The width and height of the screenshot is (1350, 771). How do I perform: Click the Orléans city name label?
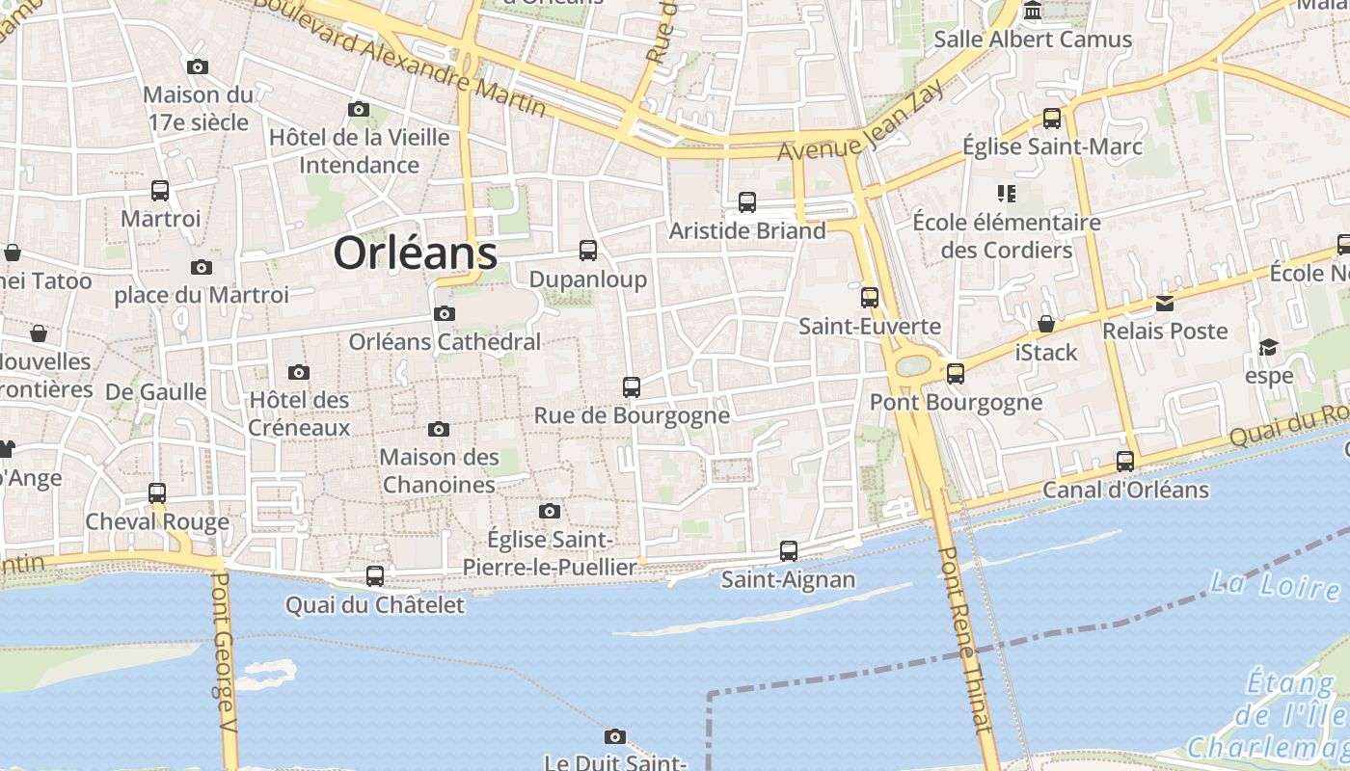click(x=416, y=253)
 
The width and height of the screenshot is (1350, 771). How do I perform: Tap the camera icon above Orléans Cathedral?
click(x=445, y=313)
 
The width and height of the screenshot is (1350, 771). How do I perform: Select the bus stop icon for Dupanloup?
click(x=588, y=251)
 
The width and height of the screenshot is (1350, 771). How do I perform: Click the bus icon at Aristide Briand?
click(x=747, y=202)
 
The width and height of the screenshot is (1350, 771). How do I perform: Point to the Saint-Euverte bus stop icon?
click(x=870, y=298)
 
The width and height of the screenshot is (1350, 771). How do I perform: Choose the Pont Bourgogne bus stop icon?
click(x=956, y=373)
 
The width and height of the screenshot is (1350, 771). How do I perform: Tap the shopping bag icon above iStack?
click(x=1046, y=324)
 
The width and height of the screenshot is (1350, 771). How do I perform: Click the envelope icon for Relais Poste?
click(x=1165, y=304)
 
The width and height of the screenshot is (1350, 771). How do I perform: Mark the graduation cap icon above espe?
click(x=1269, y=347)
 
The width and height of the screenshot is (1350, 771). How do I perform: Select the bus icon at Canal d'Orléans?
click(x=1125, y=462)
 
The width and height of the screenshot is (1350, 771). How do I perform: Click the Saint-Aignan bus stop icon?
click(x=789, y=551)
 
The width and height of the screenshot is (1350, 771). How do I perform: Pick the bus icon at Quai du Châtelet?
click(x=375, y=576)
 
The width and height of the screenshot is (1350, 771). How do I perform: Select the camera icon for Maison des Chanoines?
click(x=439, y=429)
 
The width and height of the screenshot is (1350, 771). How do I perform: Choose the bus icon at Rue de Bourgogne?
click(x=632, y=387)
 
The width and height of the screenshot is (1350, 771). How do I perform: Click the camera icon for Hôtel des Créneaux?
click(x=299, y=372)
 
